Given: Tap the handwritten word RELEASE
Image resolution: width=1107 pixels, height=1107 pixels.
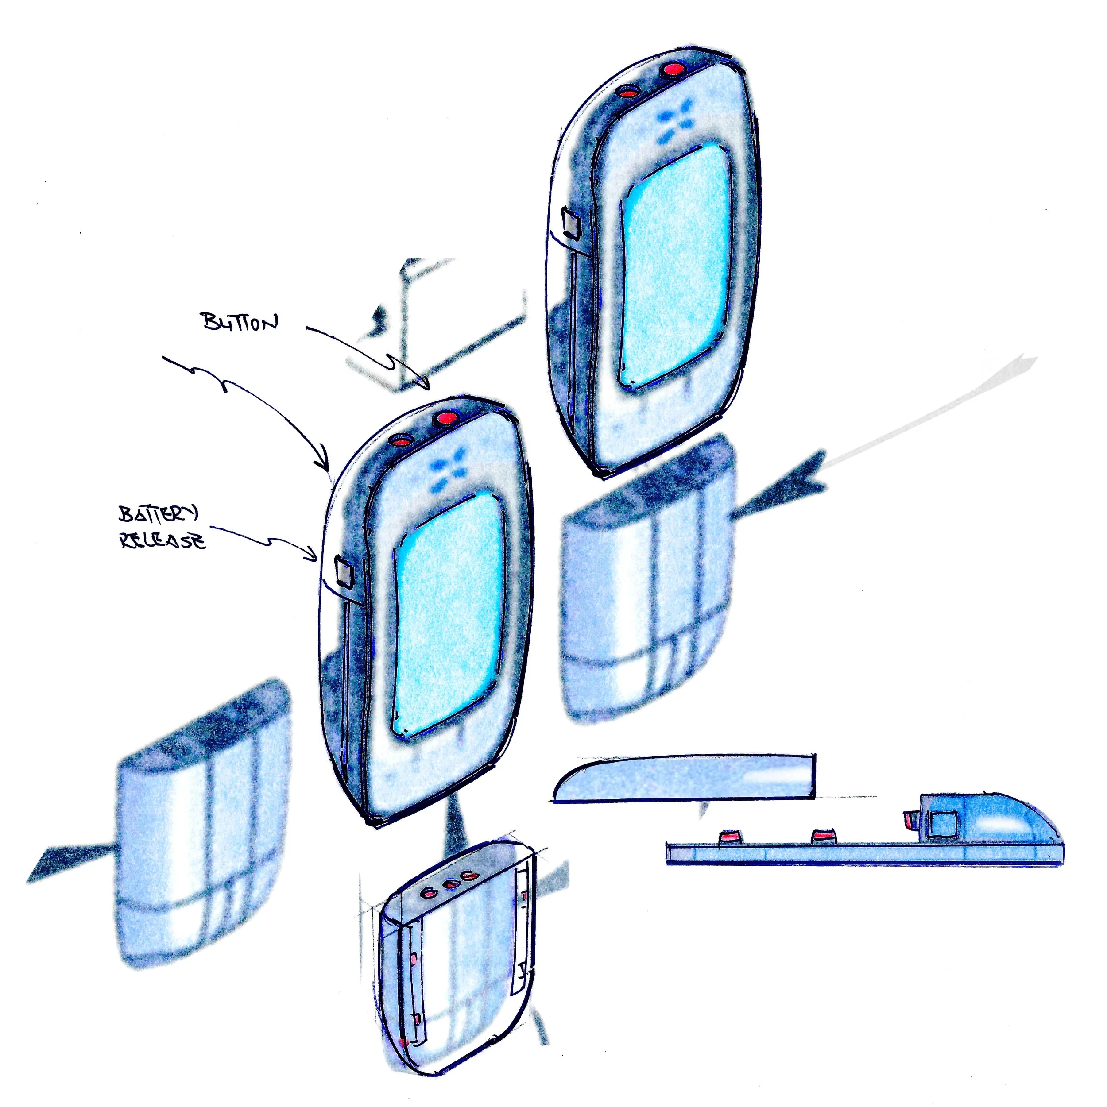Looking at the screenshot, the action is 162,541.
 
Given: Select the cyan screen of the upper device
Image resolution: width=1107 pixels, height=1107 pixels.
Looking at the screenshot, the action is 677,263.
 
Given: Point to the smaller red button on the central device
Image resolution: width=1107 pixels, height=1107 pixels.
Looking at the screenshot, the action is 403,440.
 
